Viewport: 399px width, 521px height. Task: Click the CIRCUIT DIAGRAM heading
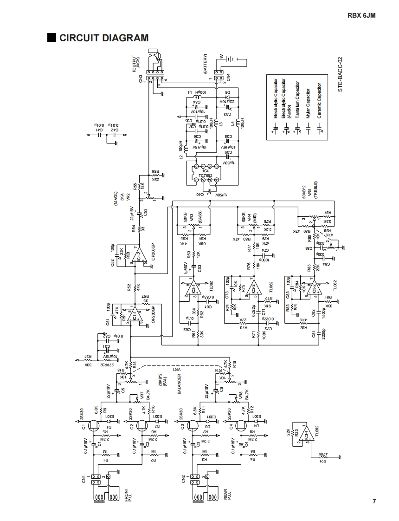coord(104,38)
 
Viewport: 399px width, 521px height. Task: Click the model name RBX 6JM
coord(361,15)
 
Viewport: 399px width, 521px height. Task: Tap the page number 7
coord(374,501)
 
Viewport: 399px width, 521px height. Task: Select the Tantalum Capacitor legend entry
coord(297,103)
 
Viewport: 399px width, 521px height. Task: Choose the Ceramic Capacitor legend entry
coord(319,103)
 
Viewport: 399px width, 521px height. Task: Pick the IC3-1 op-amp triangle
coord(305,436)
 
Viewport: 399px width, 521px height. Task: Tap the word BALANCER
coord(179,384)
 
